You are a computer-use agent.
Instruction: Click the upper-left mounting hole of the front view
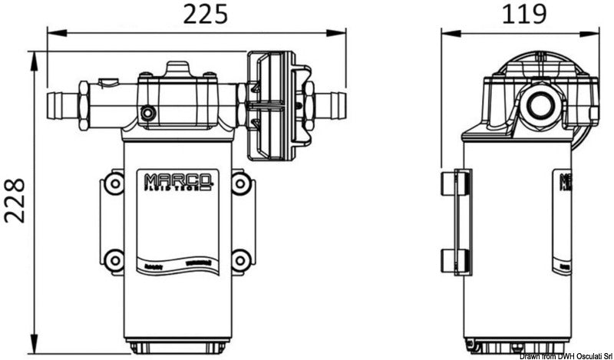(113, 183)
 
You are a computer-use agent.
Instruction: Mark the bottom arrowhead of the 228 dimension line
(35, 343)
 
